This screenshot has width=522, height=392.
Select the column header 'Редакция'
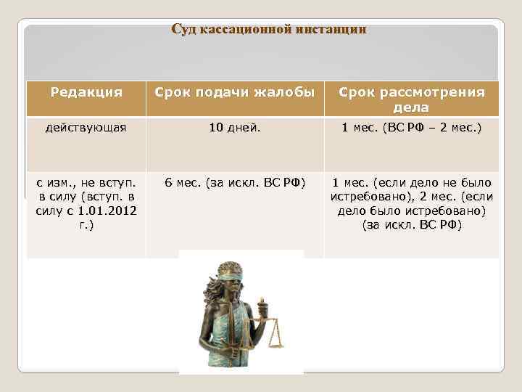[x=86, y=93]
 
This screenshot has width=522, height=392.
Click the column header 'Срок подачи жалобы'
[x=236, y=93]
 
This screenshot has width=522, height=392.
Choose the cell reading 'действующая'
[x=86, y=128]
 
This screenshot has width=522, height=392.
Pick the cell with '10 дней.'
[x=236, y=128]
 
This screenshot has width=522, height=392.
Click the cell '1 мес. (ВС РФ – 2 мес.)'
[x=411, y=128]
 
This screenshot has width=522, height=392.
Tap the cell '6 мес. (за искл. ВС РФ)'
[x=236, y=182]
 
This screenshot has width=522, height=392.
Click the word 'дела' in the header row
[x=411, y=108]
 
